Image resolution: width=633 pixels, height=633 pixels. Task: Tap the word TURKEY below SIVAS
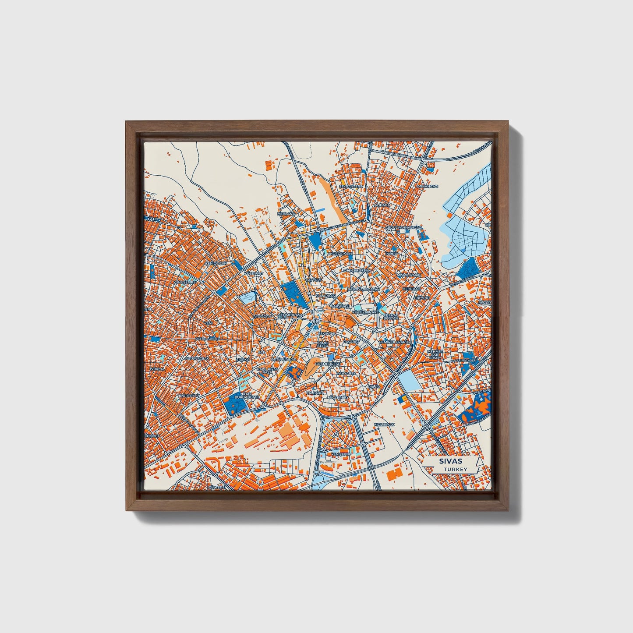455,469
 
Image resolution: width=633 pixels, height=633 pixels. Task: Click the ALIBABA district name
382,205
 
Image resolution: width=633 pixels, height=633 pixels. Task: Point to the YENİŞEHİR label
341,454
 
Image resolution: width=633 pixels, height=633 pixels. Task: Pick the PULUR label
374,387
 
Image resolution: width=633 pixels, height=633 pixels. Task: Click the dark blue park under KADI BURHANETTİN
235,406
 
